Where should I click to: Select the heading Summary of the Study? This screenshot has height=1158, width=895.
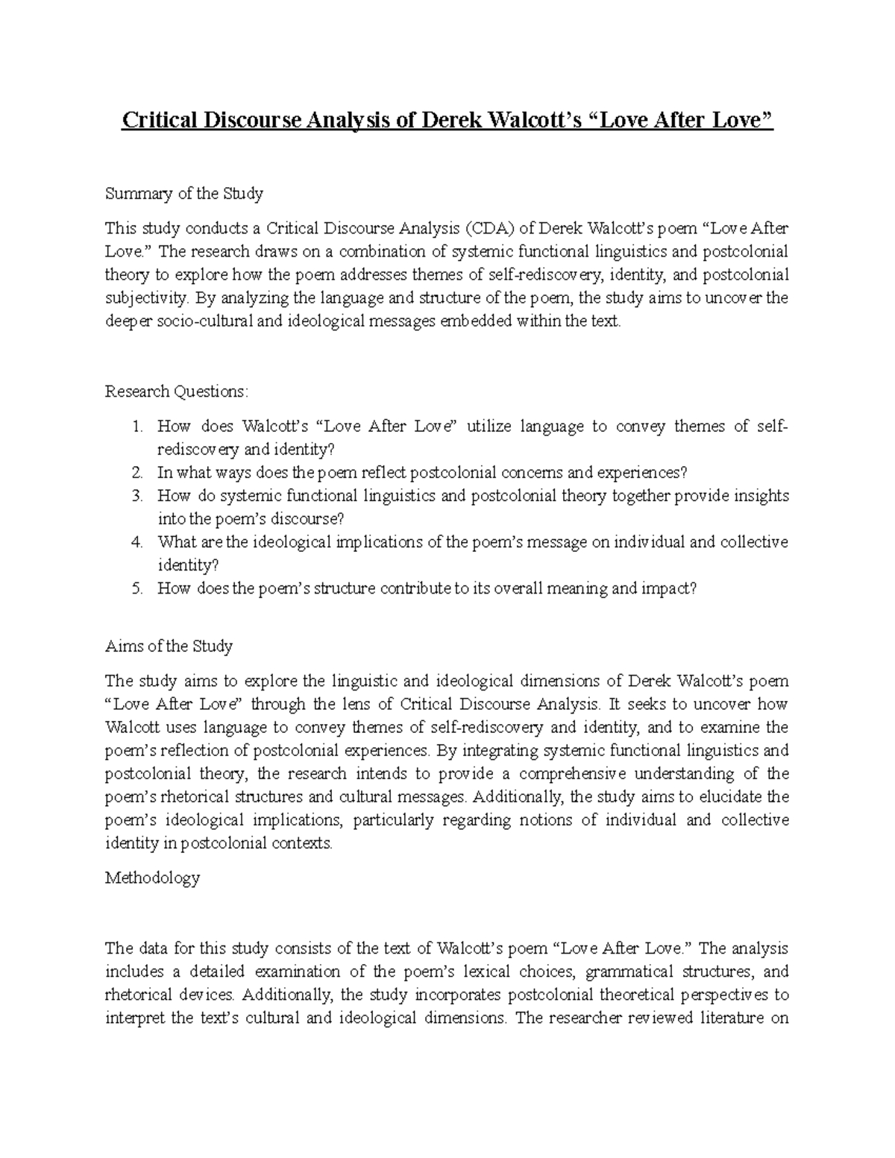pos(184,194)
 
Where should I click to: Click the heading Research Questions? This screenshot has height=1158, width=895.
pos(176,391)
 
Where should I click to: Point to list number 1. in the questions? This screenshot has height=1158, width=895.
pos(136,427)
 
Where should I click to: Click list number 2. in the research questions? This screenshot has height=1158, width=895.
pos(136,473)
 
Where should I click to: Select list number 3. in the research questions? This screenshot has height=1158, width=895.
pos(136,496)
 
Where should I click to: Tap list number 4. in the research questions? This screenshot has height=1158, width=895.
pos(136,542)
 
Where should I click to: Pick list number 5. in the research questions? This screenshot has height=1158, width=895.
pos(136,588)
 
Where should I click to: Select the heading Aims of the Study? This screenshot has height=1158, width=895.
pos(169,646)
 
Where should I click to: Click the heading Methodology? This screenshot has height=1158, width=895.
pos(152,878)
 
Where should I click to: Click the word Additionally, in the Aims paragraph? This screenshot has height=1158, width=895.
pos(522,797)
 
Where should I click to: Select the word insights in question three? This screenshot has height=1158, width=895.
pos(762,496)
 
